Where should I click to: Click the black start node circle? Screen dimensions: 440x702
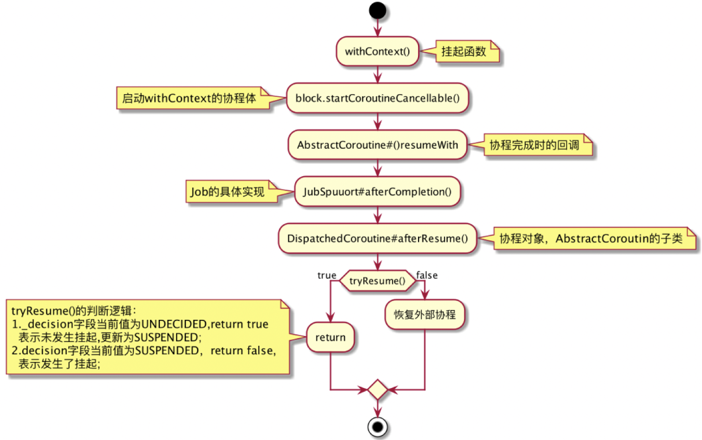pyautogui.click(x=378, y=11)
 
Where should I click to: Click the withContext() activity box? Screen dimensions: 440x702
pyautogui.click(x=377, y=51)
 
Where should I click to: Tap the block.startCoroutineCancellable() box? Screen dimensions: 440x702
pyautogui.click(x=377, y=98)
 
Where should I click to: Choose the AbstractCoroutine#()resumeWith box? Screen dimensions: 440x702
pyautogui.click(x=377, y=145)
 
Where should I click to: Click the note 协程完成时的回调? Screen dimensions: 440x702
pyautogui.click(x=537, y=145)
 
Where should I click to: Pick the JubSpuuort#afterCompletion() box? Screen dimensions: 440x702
pyautogui.click(x=377, y=192)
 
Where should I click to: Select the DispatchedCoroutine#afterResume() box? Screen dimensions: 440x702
pyautogui.click(x=377, y=239)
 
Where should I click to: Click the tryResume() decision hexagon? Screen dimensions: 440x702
pyautogui.click(x=378, y=281)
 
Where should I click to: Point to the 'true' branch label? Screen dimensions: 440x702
pyautogui.click(x=326, y=276)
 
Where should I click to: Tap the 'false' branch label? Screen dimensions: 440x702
pyautogui.click(x=427, y=276)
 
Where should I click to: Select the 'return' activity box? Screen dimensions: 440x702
pyautogui.click(x=331, y=337)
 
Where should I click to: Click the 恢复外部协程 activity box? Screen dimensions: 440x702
pyautogui.click(x=424, y=315)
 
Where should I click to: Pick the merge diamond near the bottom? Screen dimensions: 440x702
pyautogui.click(x=378, y=390)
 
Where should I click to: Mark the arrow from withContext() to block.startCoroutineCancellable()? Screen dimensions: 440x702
pyautogui.click(x=378, y=74)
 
